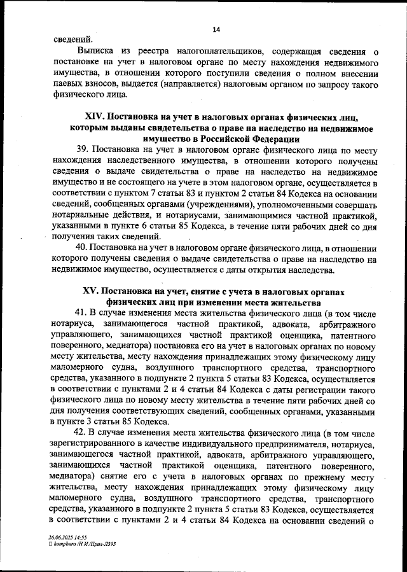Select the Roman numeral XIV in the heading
click(95, 117)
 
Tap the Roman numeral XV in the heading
click(92, 291)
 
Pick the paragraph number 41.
click(82, 314)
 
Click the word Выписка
click(96, 51)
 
